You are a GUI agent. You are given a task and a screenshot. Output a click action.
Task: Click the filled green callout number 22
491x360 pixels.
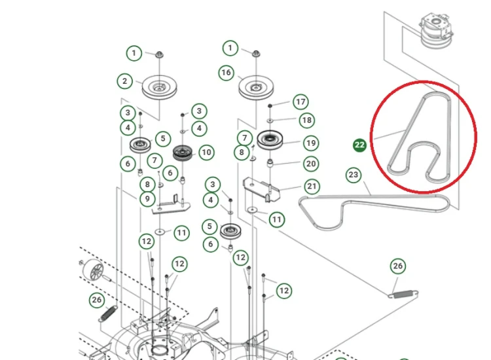click(359, 145)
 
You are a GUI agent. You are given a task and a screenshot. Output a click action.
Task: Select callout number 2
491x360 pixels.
click(124, 81)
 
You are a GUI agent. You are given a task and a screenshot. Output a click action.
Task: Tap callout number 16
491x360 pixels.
click(226, 73)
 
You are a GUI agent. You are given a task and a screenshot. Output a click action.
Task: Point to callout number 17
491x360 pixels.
click(300, 101)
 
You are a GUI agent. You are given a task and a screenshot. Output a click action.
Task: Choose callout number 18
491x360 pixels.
click(307, 120)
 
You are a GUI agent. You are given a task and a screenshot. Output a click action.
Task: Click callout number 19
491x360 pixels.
click(311, 143)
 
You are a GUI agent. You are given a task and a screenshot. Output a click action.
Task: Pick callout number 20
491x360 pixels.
click(311, 164)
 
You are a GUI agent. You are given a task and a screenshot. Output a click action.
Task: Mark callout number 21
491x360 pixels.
click(312, 187)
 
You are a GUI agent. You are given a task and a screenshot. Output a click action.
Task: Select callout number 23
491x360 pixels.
click(354, 175)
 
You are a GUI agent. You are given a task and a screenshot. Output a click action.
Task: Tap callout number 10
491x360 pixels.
click(206, 153)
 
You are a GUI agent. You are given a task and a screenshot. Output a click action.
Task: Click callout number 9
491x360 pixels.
click(147, 199)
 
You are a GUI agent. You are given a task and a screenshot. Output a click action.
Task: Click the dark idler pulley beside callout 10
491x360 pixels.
click(183, 153)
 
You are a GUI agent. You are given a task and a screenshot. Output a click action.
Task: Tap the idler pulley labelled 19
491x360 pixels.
click(270, 139)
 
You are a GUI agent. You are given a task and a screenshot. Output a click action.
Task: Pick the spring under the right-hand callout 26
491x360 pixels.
click(403, 295)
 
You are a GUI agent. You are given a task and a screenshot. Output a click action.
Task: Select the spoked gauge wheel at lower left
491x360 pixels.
click(93, 270)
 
